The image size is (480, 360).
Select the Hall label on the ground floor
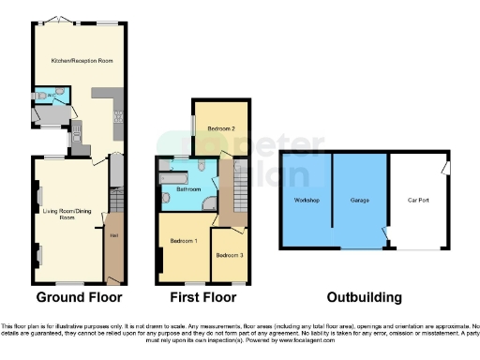pyautogui.click(x=113, y=234)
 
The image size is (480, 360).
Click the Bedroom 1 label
pyautogui.click(x=183, y=242)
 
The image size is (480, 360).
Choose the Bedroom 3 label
pyautogui.click(x=229, y=255)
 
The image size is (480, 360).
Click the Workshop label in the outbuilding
pyautogui.click(x=307, y=201)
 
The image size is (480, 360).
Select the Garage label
pyautogui.click(x=360, y=201)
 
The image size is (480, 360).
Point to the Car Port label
pyautogui.click(x=418, y=201)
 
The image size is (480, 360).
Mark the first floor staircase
pyautogui.click(x=232, y=192)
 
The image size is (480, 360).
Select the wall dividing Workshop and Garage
pyautogui.click(x=332, y=201)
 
